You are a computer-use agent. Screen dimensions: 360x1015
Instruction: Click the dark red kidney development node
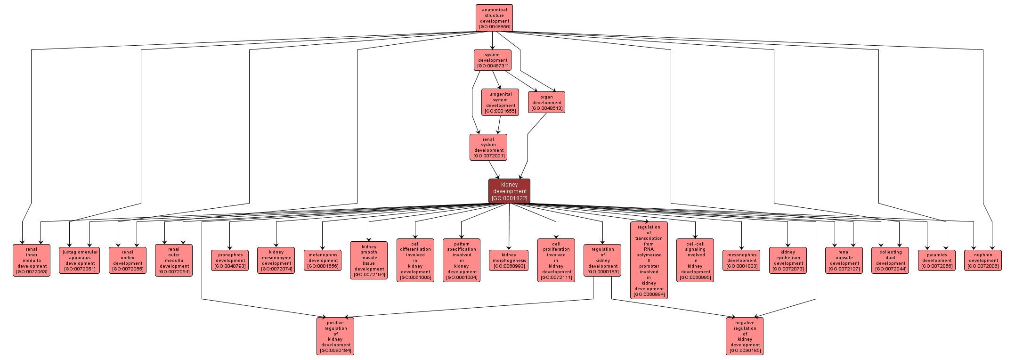tap(509, 191)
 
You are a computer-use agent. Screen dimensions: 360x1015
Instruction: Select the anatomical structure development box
tap(494, 18)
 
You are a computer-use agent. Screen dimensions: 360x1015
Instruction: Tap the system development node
tap(492, 60)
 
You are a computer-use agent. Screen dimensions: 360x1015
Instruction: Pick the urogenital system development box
tap(500, 102)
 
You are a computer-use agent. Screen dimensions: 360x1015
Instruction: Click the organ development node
tap(546, 102)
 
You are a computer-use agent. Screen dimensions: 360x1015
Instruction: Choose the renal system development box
tap(488, 147)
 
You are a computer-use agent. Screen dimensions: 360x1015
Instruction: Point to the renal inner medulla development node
tap(32, 260)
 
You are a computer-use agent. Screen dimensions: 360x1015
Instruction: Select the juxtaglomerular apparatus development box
tap(80, 260)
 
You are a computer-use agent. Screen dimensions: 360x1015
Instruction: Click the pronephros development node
tap(230, 260)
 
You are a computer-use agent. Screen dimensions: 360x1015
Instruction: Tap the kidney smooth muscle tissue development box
tap(369, 260)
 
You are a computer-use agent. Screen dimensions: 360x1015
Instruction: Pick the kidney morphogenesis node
tap(509, 260)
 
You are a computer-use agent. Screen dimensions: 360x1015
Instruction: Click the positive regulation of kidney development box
tap(335, 336)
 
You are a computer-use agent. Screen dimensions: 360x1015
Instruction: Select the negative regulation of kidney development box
tap(745, 336)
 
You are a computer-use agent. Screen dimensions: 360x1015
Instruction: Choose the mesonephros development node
tap(741, 260)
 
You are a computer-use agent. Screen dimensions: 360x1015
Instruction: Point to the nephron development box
tap(983, 260)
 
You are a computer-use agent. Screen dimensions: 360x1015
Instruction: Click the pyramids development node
tap(937, 260)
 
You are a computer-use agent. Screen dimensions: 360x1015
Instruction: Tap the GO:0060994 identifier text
tap(649, 295)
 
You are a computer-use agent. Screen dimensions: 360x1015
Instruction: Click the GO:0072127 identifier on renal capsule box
tap(844, 269)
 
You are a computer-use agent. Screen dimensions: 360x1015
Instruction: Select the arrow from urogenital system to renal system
tap(498, 125)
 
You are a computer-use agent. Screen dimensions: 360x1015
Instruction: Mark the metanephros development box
tap(323, 260)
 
